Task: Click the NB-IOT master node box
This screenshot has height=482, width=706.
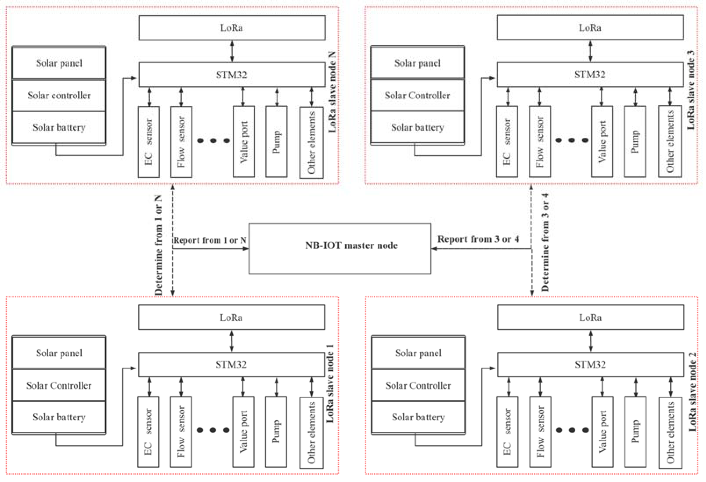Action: (340, 248)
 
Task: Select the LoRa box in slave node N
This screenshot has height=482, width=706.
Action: (232, 28)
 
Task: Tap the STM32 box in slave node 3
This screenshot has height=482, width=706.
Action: (590, 74)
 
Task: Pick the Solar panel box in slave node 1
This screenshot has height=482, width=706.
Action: (59, 353)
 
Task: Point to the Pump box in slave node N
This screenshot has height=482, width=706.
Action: (276, 142)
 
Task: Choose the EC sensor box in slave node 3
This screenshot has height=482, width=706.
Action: (507, 142)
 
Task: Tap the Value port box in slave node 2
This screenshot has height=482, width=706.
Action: (602, 431)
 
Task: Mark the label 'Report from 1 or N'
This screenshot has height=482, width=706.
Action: (210, 240)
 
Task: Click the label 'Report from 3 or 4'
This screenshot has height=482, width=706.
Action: (478, 239)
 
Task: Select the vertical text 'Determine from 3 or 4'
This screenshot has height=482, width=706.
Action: (545, 242)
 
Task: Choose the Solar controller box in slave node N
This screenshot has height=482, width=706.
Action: (59, 95)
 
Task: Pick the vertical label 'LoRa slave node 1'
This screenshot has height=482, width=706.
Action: (330, 383)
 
